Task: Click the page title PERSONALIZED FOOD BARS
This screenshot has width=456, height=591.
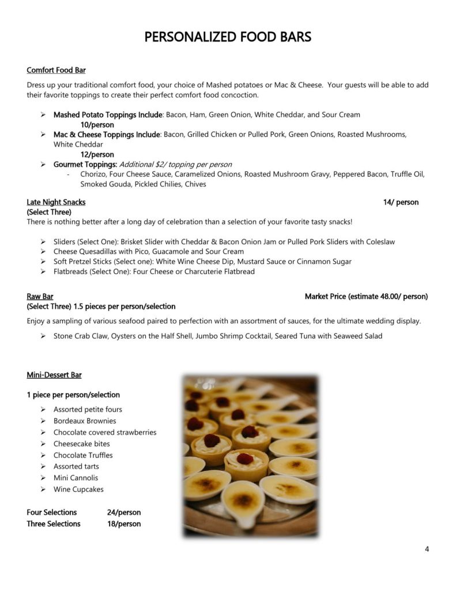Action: pyautogui.click(x=228, y=38)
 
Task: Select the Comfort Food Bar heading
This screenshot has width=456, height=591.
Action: pyautogui.click(x=56, y=70)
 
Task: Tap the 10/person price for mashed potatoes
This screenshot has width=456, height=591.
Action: pyautogui.click(x=97, y=125)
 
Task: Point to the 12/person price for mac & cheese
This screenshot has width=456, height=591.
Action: pyautogui.click(x=97, y=155)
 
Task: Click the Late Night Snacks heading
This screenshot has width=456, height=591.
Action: pyautogui.click(x=56, y=202)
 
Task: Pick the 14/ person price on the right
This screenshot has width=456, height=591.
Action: pyautogui.click(x=401, y=202)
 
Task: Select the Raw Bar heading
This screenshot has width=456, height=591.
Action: pyautogui.click(x=40, y=297)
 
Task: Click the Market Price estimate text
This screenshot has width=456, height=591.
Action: pyautogui.click(x=366, y=297)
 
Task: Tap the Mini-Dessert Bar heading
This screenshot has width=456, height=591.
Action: pyautogui.click(x=54, y=375)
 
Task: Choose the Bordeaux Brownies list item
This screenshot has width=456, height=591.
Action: pyautogui.click(x=85, y=421)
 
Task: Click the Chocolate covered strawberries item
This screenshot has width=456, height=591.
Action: pyautogui.click(x=105, y=432)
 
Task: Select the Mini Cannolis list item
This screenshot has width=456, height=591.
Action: pyautogui.click(x=76, y=478)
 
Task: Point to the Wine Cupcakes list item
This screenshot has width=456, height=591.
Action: pyautogui.click(x=78, y=489)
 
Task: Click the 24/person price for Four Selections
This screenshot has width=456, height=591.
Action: pyautogui.click(x=123, y=513)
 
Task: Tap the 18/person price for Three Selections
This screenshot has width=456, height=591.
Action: pyautogui.click(x=123, y=524)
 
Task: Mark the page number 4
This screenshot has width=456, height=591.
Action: pyautogui.click(x=427, y=549)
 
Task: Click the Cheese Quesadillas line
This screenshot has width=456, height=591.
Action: pyautogui.click(x=148, y=252)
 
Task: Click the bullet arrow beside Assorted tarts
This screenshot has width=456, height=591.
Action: pyautogui.click(x=43, y=466)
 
